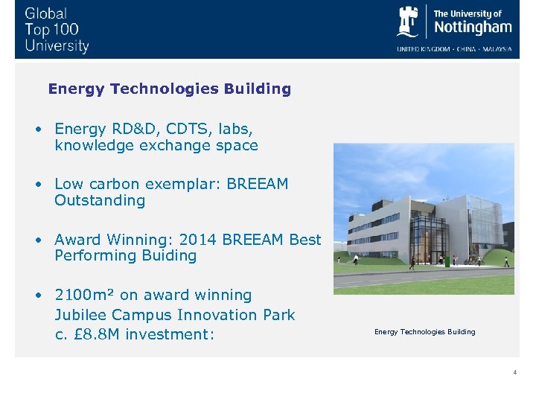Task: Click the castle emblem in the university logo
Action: tap(409, 22)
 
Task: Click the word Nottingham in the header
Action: tap(473, 28)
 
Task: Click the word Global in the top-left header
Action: tap(45, 13)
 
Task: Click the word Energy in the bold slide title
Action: tap(76, 89)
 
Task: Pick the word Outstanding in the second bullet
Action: tap(100, 200)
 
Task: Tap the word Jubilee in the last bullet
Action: tap(81, 315)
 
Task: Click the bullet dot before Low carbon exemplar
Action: tap(37, 184)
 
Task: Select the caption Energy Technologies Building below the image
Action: tap(424, 332)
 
